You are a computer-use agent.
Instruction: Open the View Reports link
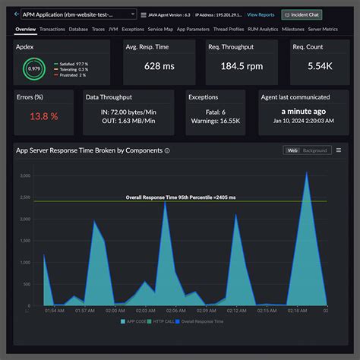point(261,14)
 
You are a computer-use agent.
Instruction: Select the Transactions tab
point(52,29)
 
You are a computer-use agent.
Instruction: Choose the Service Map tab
point(159,29)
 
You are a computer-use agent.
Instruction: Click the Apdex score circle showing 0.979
point(33,68)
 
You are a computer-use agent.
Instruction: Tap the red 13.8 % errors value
point(44,116)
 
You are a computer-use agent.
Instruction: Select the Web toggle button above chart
point(292,150)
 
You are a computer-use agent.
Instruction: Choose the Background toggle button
point(315,150)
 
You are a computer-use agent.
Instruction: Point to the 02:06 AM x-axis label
point(175,311)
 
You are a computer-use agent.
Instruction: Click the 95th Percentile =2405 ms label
point(181,197)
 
